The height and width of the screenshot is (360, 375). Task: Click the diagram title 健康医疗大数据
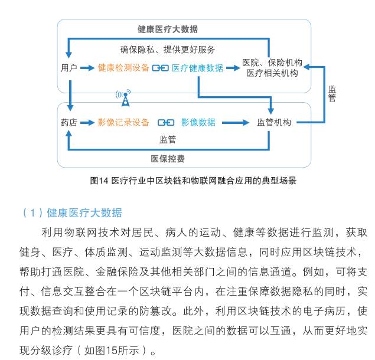(167, 29)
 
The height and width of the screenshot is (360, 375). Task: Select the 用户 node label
(69, 68)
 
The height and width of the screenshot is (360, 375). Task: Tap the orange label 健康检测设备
(123, 68)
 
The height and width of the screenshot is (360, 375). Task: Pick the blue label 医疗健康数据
(197, 68)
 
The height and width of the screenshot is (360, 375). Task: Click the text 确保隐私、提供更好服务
(167, 50)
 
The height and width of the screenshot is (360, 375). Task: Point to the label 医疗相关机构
(272, 73)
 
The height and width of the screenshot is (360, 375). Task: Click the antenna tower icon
(125, 98)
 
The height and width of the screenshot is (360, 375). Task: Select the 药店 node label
(69, 122)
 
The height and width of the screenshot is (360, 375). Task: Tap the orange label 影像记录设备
(123, 122)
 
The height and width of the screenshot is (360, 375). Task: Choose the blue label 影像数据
(198, 122)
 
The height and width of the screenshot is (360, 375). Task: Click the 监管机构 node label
(274, 122)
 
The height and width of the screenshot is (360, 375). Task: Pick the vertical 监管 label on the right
(332, 93)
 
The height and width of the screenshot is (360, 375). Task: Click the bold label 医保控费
(168, 159)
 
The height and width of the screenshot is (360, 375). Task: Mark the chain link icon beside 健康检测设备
(160, 68)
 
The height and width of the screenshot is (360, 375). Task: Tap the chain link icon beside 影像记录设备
(166, 123)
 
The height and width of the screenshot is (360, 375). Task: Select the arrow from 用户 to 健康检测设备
(87, 68)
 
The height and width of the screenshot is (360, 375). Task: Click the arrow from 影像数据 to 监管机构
(236, 123)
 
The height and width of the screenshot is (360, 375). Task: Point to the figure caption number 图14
(99, 181)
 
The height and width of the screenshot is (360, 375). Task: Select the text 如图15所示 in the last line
(112, 351)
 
